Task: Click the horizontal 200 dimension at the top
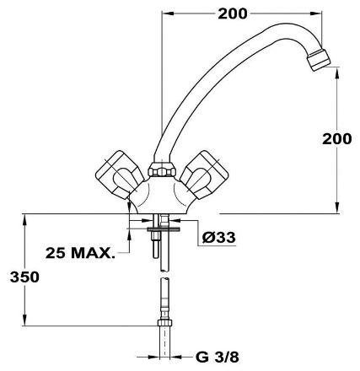[x=233, y=13]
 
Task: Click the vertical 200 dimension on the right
[x=336, y=139]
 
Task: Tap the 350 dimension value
[x=24, y=277]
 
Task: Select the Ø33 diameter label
[x=218, y=238]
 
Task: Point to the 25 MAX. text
[x=80, y=253]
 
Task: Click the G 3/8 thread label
[x=218, y=358]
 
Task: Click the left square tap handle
[x=120, y=175]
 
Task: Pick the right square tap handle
[x=204, y=175]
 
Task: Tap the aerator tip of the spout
[x=319, y=60]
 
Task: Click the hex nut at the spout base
[x=162, y=169]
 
